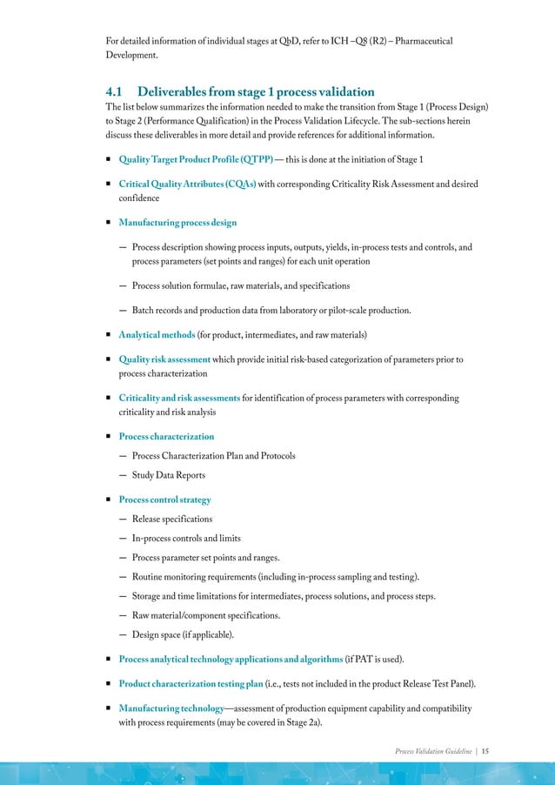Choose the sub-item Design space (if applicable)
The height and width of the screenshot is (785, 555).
coord(181,634)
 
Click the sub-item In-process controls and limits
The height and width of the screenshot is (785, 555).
coord(186,538)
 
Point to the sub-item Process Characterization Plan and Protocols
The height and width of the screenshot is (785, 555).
coord(213,455)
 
